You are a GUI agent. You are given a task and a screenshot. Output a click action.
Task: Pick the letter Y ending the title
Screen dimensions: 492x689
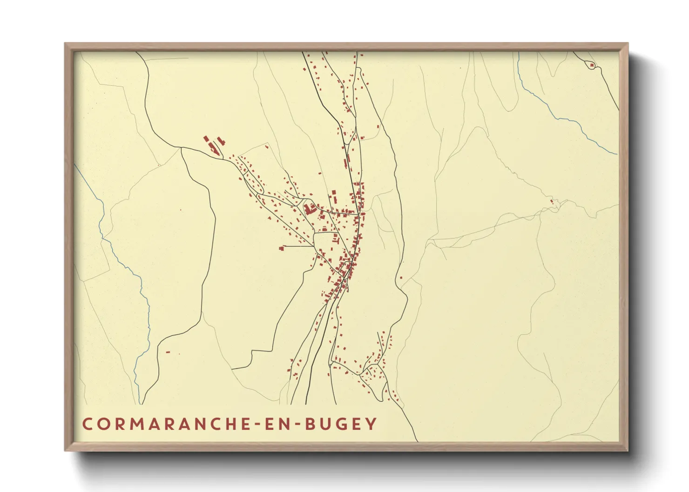click(x=372, y=424)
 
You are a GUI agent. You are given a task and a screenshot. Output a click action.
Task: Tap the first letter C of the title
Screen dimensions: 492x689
click(x=87, y=424)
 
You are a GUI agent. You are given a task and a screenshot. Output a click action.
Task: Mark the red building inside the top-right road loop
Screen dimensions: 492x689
click(x=592, y=66)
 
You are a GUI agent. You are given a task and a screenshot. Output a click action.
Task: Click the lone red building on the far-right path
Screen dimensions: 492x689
click(x=552, y=201)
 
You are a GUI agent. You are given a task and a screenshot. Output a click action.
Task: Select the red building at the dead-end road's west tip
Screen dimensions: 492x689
click(x=282, y=248)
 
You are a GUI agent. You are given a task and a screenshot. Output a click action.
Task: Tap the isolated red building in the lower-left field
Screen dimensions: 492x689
click(x=168, y=352)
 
